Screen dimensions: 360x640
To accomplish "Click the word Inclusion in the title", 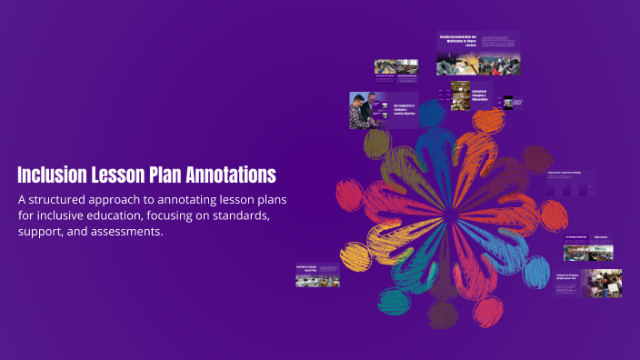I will tap(53, 174).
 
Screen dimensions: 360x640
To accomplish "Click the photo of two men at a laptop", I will tap(369, 111).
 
